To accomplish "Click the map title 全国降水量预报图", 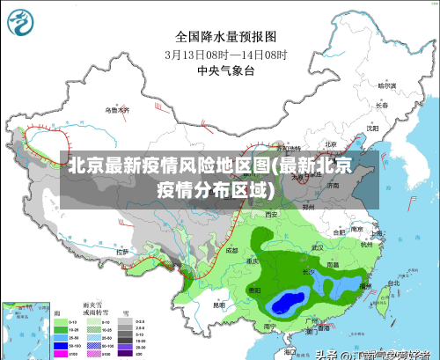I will click(226, 37).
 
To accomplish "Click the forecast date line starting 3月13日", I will click(226, 54).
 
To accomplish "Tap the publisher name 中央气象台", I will click(226, 70).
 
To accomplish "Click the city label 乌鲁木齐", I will click(117, 110).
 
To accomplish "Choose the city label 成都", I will click(231, 250).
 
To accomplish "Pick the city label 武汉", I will click(317, 248).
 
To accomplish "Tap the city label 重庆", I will click(253, 261).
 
